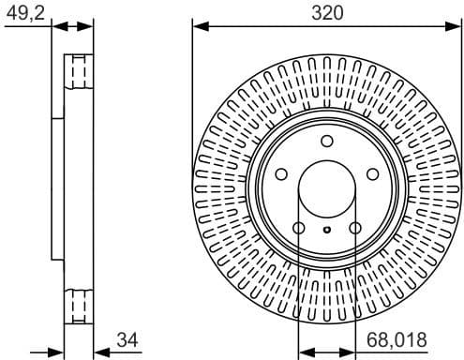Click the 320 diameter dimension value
coord(326,12)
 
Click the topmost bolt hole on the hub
coord(326,142)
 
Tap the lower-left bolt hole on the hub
coord(299,228)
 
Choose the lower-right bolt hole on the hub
coord(354,228)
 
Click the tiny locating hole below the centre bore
coord(326,230)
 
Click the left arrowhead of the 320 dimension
coord(198,27)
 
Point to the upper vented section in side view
coord(79,74)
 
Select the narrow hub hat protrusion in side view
coord(56,187)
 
